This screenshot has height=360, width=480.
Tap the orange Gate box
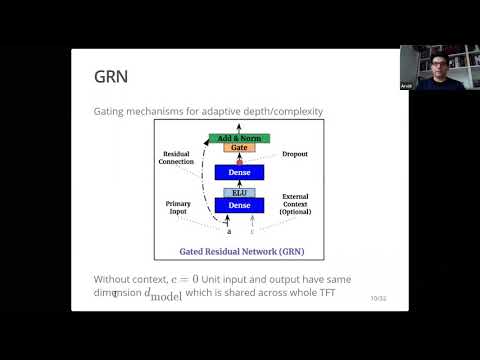239,148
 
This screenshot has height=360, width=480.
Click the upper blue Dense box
239,172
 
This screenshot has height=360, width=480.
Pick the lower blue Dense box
239,205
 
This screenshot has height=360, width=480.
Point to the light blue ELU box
239,192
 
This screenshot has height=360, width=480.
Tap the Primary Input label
182,207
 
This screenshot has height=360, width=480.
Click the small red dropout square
239,160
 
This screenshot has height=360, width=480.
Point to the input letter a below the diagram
229,231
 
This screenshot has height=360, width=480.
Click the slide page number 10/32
377,298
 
